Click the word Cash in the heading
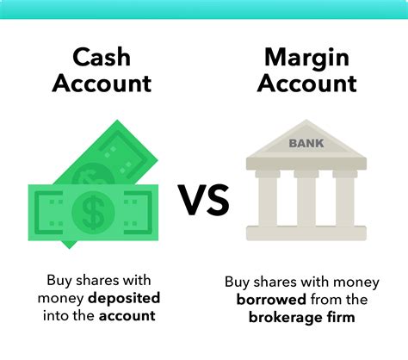[x=102, y=57]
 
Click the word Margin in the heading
[x=306, y=59]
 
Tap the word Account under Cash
[x=102, y=83]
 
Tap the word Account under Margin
[x=306, y=83]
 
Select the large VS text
[x=203, y=200]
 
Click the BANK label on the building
[x=306, y=143]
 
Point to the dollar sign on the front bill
[x=93, y=212]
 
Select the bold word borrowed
[x=271, y=300]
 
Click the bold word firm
[x=341, y=317]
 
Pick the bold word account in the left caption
[x=127, y=316]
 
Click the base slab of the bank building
[x=306, y=233]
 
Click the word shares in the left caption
[x=93, y=280]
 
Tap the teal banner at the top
[x=204, y=9]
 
